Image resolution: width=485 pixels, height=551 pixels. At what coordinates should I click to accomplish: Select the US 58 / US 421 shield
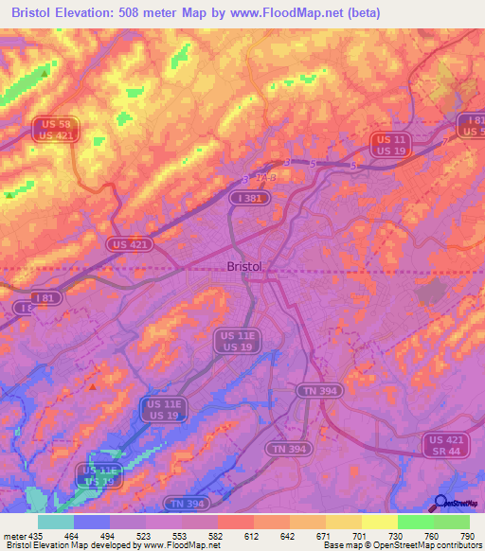click(x=56, y=130)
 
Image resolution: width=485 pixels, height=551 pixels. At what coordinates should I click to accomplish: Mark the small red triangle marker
click(x=92, y=386)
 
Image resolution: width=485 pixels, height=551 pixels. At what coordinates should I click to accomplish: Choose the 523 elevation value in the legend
click(x=140, y=535)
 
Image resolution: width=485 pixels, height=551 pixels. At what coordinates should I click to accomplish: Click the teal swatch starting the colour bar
click(x=56, y=522)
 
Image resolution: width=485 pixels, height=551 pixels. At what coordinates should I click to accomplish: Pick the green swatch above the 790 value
click(x=451, y=522)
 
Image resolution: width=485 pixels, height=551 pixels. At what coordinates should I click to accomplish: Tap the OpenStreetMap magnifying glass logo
click(x=440, y=503)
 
